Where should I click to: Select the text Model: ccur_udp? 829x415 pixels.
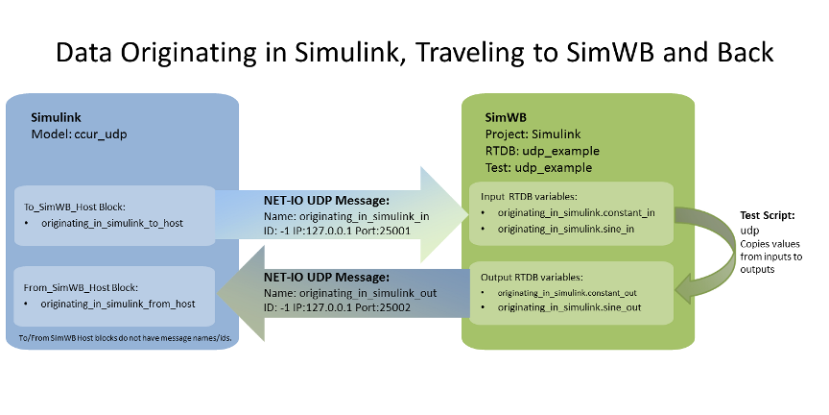coord(79,134)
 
